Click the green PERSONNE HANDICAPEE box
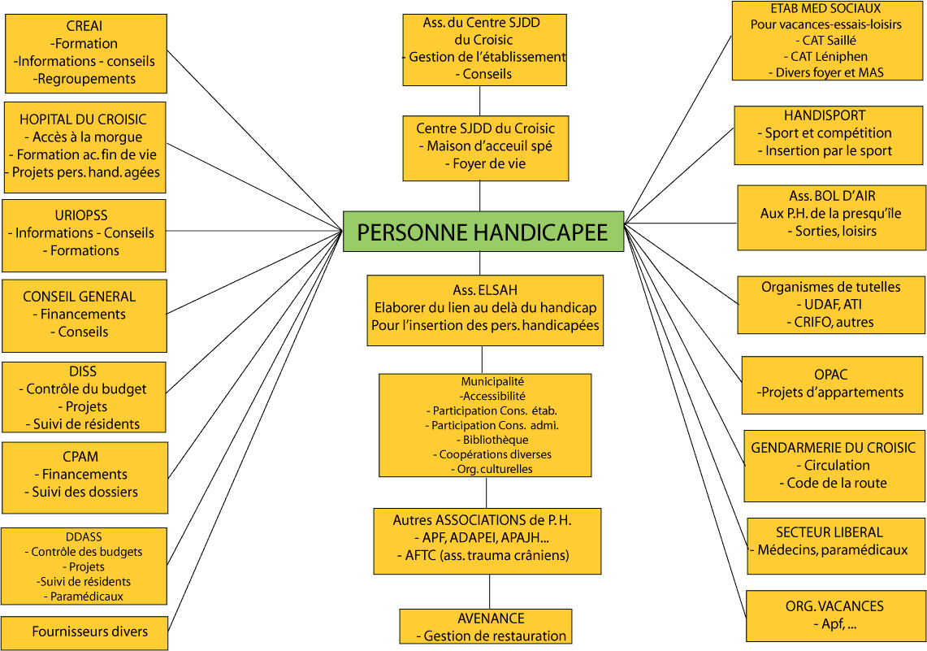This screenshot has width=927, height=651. point(483,232)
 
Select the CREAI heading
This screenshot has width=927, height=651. point(84,26)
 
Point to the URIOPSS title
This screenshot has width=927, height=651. point(81,215)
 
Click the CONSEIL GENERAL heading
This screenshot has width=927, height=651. point(80,297)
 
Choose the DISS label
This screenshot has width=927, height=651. point(83,371)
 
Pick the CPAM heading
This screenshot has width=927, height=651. point(80,457)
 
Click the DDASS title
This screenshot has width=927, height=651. point(84,537)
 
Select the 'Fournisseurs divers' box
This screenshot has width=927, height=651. point(84,632)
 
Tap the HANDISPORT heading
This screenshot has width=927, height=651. point(825,116)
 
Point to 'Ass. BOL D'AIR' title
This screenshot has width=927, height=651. point(832,197)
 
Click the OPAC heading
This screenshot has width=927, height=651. point(830,375)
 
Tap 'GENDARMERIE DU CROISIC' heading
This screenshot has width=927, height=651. point(833,448)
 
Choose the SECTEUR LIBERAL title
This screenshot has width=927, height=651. point(830,532)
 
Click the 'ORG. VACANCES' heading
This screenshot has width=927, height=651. point(834,606)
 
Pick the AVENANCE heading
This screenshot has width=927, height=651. point(491,618)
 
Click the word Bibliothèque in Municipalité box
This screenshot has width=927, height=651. point(496,440)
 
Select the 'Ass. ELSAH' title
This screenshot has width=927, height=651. point(485,290)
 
